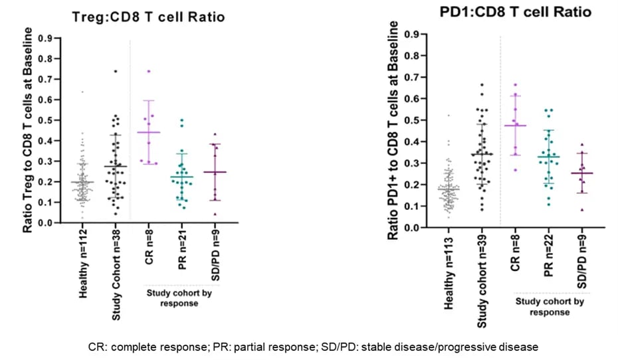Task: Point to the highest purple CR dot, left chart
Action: click(x=148, y=71)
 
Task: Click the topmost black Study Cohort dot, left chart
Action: click(x=115, y=71)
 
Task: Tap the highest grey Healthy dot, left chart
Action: click(x=82, y=92)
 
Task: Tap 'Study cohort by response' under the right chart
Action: click(x=551, y=307)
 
